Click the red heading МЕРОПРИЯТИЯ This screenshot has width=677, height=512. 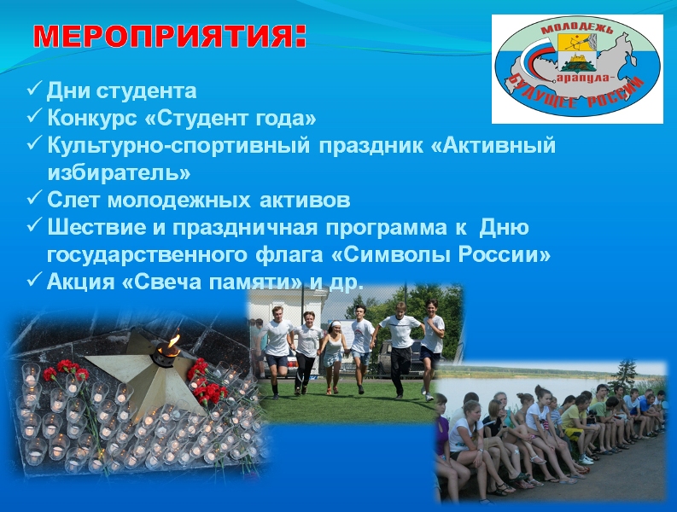pyautogui.click(x=170, y=36)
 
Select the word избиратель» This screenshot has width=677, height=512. pyautogui.click(x=119, y=172)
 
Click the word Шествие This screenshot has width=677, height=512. pyautogui.click(x=96, y=227)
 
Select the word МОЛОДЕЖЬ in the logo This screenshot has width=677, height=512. pyautogui.click(x=576, y=29)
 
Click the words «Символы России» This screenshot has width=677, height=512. pyautogui.click(x=441, y=254)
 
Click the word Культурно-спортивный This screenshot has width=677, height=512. pyautogui.click(x=178, y=145)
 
